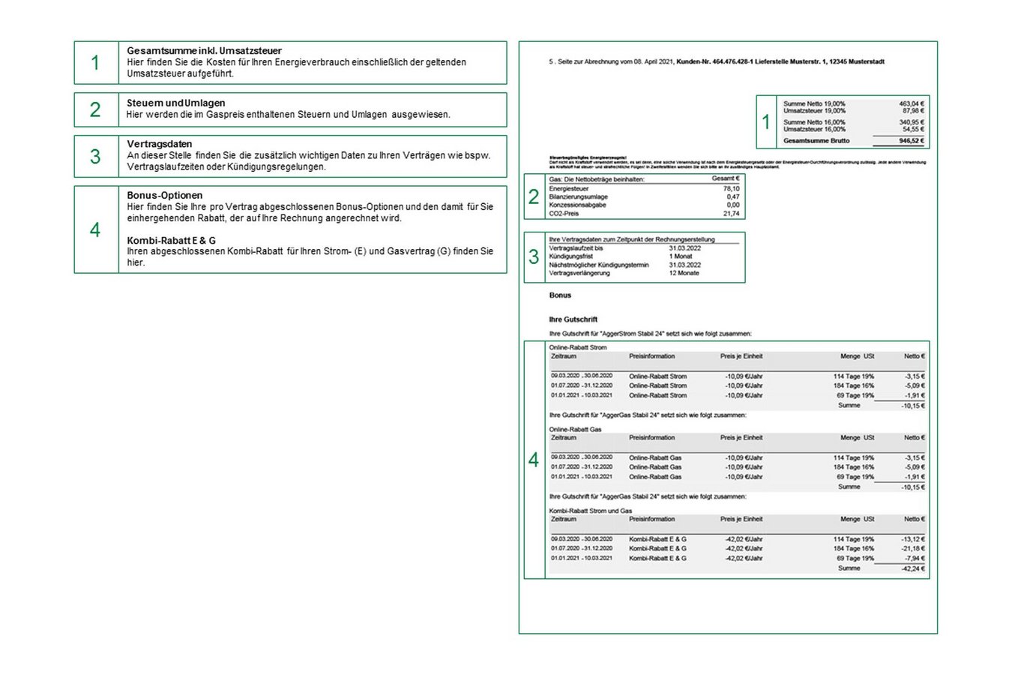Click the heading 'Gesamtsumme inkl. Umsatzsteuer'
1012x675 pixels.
[x=204, y=51]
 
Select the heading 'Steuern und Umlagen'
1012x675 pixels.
[x=175, y=103]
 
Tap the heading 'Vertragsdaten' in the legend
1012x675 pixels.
[x=159, y=144]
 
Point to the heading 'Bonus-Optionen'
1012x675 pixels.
[x=164, y=195]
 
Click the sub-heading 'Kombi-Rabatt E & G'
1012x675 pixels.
[x=171, y=240]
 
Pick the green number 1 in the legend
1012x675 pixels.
[x=95, y=62]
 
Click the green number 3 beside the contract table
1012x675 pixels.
[x=534, y=257]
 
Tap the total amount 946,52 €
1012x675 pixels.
[x=912, y=140]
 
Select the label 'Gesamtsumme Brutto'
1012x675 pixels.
[x=816, y=140]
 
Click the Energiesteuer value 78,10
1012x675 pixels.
[x=731, y=189]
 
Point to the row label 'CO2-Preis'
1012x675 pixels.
[x=564, y=214]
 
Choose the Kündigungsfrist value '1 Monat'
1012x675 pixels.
[x=681, y=256]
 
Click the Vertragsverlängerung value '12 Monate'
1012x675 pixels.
[x=684, y=273]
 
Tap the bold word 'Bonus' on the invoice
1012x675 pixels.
[x=560, y=295]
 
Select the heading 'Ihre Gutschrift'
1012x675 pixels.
[x=573, y=319]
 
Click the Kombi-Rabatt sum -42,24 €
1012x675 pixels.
[x=913, y=568]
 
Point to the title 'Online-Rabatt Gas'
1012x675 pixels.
[x=575, y=430]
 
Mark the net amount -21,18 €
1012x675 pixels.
[x=913, y=549]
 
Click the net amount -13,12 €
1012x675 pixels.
[x=913, y=539]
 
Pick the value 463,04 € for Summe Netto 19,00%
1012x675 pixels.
[x=912, y=103]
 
